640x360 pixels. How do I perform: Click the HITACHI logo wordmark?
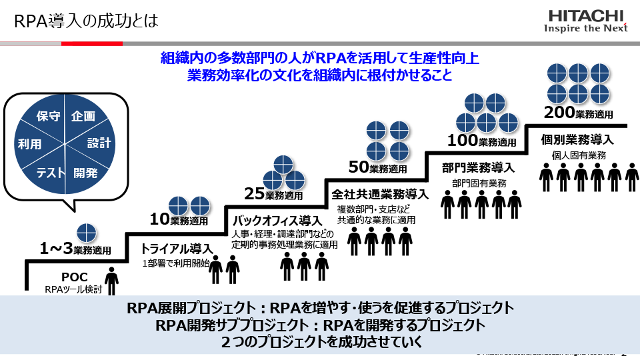pyautogui.click(x=586, y=16)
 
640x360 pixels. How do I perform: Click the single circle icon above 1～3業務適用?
pyautogui.click(x=86, y=233)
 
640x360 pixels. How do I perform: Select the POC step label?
pyautogui.click(x=71, y=277)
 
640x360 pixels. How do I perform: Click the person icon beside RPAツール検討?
pyautogui.click(x=113, y=280)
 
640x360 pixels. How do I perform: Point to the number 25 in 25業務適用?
pyautogui.click(x=254, y=194)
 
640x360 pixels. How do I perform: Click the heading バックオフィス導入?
pyautogui.click(x=277, y=220)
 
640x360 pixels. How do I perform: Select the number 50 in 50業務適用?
pyautogui.click(x=359, y=167)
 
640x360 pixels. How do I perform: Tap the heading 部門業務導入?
pyautogui.click(x=478, y=167)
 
